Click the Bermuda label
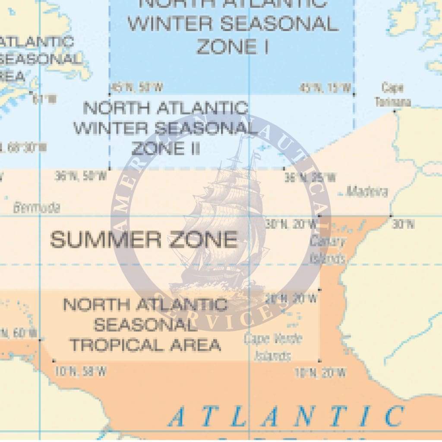click(x=36, y=208)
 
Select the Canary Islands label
click(x=328, y=249)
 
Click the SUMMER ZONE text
click(x=144, y=240)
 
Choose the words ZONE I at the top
click(x=232, y=47)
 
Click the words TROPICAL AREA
click(x=145, y=345)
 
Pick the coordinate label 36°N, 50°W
click(x=81, y=176)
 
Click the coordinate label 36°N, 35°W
click(x=309, y=177)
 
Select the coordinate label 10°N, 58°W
click(x=81, y=371)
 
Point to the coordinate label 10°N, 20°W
click(x=320, y=373)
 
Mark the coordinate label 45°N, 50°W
click(x=136, y=88)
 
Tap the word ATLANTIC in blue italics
click(x=286, y=417)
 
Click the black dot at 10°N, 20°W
click(x=319, y=360)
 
